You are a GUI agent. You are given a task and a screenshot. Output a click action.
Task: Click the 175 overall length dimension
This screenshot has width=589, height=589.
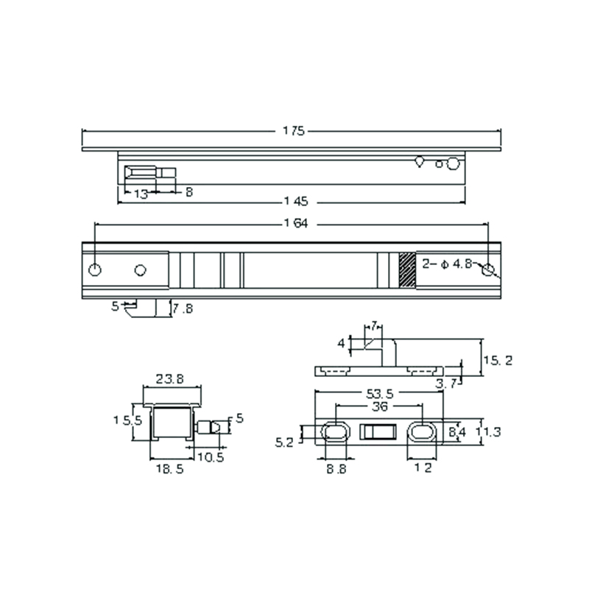[293, 131]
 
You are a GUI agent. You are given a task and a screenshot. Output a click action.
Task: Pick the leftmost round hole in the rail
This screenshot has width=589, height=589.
[95, 269]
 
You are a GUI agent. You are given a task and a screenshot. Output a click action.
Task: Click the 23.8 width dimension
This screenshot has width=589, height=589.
[170, 380]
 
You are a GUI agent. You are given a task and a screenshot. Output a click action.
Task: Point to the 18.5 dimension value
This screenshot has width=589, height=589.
[170, 469]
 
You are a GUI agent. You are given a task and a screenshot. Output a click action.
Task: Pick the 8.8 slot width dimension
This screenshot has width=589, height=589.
[336, 469]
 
